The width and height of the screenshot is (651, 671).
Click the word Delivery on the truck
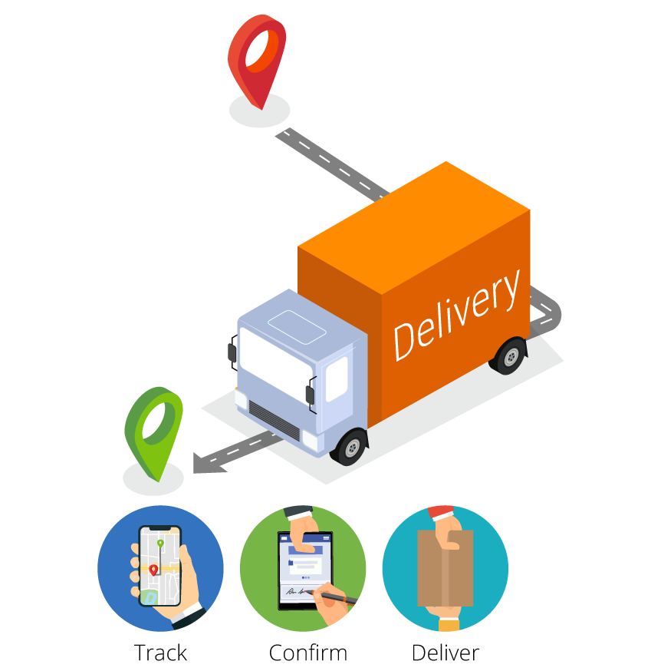(456, 315)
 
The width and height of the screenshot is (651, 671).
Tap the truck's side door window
(337, 379)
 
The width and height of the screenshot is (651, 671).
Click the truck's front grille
(274, 421)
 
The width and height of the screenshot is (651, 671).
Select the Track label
(160, 653)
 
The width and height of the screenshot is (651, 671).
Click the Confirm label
(307, 653)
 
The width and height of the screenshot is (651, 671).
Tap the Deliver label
(445, 653)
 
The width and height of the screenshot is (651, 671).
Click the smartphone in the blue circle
(159, 566)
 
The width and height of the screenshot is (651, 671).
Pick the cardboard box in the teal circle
(445, 568)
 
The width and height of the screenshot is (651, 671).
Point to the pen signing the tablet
(334, 595)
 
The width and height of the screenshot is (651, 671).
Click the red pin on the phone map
(153, 570)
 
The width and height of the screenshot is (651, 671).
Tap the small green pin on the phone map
(160, 544)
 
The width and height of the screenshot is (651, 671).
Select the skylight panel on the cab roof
(297, 327)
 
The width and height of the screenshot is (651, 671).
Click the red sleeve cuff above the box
(441, 512)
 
